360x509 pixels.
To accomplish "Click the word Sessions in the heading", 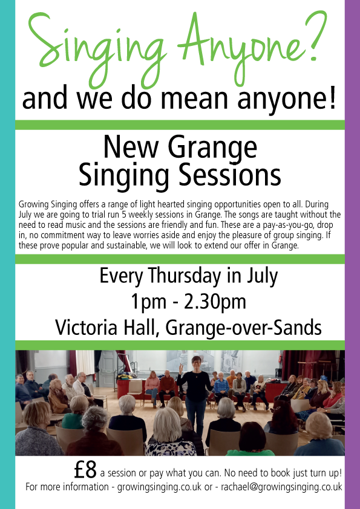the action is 230,175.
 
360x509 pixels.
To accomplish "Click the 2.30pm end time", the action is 215,302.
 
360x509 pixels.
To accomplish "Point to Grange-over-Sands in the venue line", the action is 243,328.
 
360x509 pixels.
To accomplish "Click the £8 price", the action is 85,470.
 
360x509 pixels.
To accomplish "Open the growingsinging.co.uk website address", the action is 159,487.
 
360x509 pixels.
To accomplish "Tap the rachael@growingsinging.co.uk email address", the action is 281,487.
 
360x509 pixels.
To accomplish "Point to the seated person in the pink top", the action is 152,387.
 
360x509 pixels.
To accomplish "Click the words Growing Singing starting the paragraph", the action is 48,204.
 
